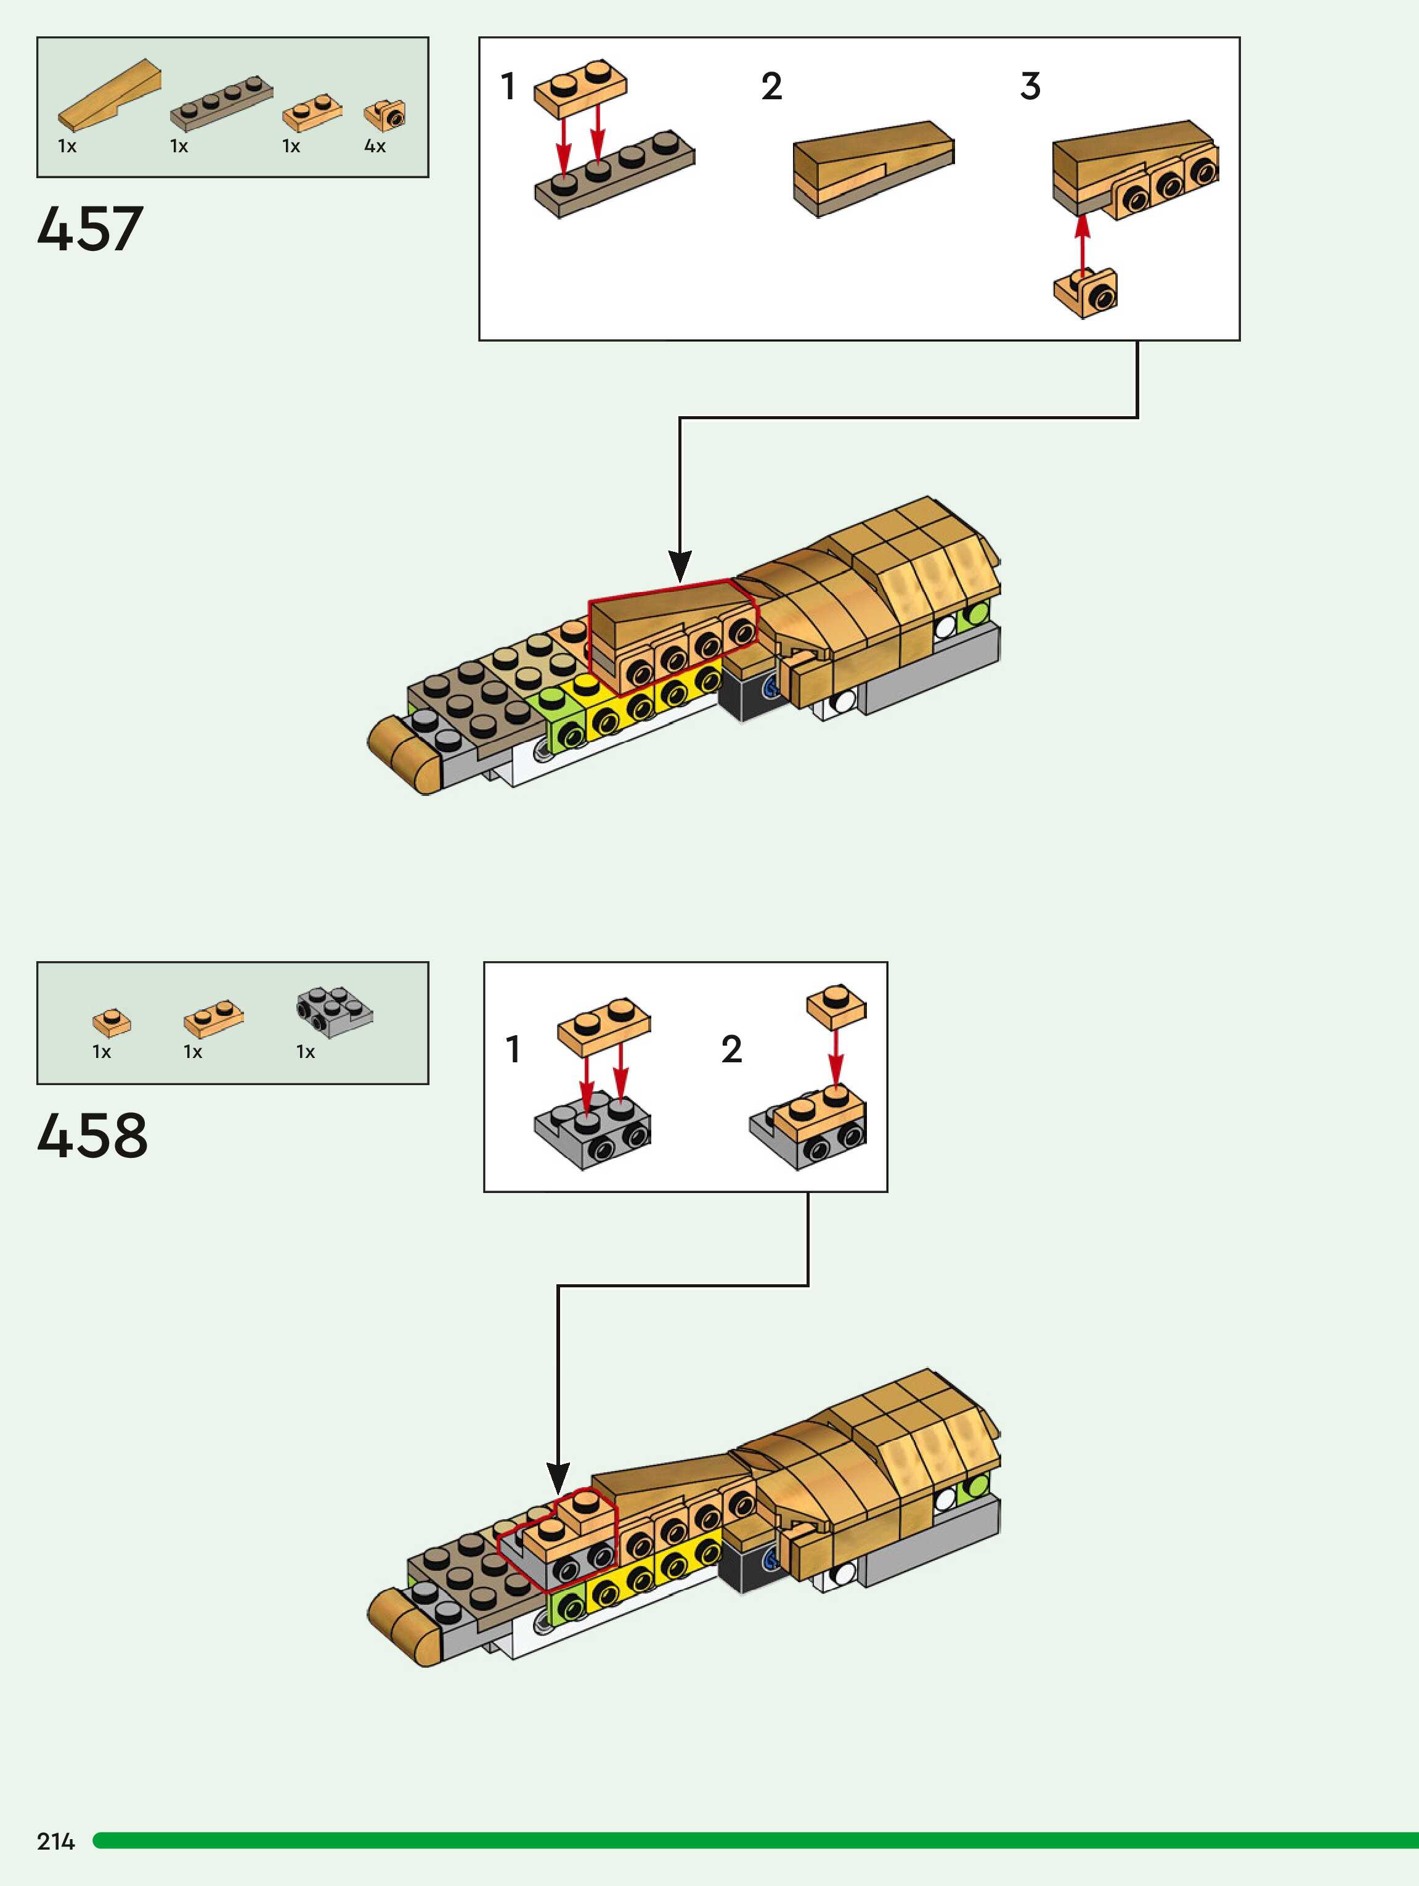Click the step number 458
tap(92, 1136)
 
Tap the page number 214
tap(55, 1841)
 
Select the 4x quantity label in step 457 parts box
tap(375, 147)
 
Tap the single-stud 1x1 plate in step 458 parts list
tap(112, 1022)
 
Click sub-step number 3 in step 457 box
tap(1030, 86)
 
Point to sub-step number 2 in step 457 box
tap(771, 86)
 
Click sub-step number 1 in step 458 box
tap(512, 1049)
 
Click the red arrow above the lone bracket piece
tap(1083, 243)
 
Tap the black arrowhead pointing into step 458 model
tap(558, 1478)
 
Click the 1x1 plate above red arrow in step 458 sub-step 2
tap(836, 1006)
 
